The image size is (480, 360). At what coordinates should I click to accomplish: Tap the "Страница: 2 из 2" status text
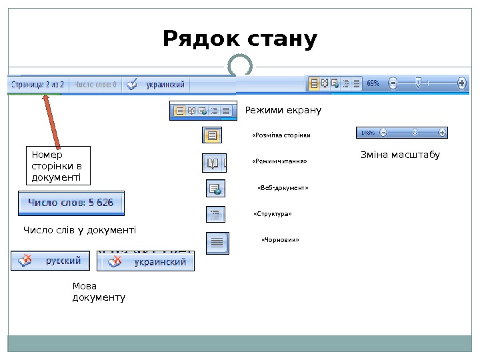pos(37,85)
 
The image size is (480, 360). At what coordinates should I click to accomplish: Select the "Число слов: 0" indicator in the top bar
pos(95,85)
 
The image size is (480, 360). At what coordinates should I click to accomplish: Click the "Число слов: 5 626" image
pos(71,203)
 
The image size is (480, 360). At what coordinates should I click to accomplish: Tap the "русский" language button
pos(51,261)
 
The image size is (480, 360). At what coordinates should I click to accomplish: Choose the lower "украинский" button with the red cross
pos(147,262)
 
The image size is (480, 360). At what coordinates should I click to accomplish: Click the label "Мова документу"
pos(99,292)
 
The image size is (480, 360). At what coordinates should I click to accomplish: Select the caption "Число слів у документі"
pos(79,230)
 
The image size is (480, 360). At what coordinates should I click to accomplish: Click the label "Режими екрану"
pos(283,110)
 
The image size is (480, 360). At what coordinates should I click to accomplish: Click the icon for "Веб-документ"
pos(215,189)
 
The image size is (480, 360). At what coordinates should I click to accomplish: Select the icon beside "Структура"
pos(215,215)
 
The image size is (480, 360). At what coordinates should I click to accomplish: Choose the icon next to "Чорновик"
pos(217,243)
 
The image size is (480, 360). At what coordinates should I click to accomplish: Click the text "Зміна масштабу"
pos(400,155)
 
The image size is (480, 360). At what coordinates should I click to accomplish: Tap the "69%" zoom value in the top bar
pos(373,84)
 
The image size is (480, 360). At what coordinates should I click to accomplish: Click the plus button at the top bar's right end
pos(462,84)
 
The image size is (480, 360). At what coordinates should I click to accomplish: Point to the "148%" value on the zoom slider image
pos(367,133)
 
